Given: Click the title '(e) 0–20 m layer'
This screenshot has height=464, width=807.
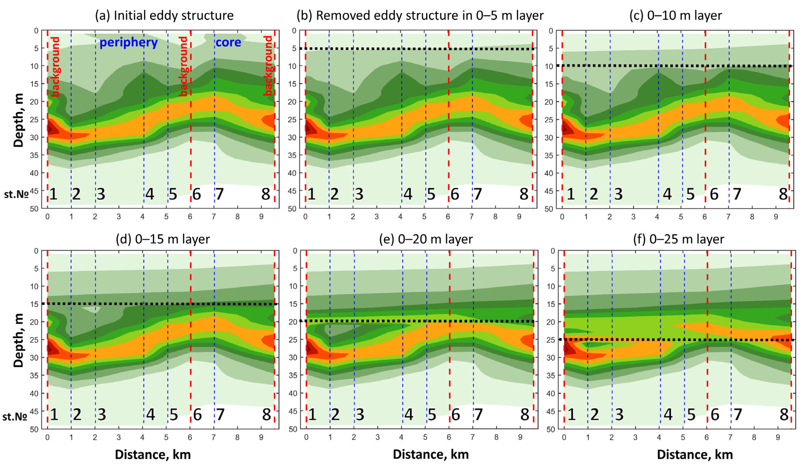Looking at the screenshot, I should pyautogui.click(x=426, y=239).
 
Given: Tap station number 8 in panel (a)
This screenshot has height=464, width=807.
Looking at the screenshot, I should pyautogui.click(x=265, y=194).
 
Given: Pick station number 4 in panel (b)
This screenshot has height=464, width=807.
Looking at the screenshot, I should pyautogui.click(x=408, y=194).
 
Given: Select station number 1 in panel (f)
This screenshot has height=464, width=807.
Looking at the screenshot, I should pyautogui.click(x=572, y=414).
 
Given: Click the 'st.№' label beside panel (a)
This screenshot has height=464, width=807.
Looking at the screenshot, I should pyautogui.click(x=16, y=194).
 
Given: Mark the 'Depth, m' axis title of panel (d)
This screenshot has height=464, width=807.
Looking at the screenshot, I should pyautogui.click(x=19, y=340).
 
